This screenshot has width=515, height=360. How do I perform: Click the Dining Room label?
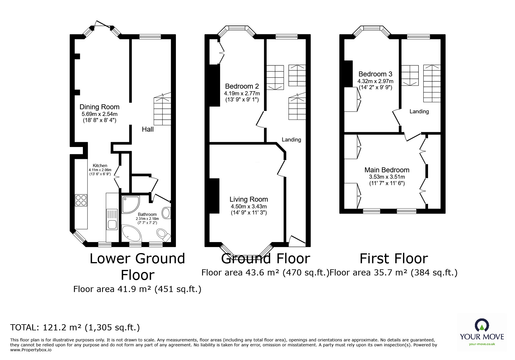coord(99,107)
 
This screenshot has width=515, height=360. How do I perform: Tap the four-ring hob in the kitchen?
coord(81,200)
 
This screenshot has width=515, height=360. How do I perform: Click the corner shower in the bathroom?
coord(130,204)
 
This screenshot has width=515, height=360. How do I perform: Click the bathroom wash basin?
coord(166,213)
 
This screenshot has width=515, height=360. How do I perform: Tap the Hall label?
coord(148,129)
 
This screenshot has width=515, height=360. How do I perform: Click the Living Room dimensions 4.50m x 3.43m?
coord(249,206)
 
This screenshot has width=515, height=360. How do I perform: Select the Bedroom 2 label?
coord(242,86)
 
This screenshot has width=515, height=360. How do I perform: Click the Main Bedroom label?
coord(387,170)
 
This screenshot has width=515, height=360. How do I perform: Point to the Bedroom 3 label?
coord(375,74)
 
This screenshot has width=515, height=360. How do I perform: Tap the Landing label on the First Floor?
coord(419,112)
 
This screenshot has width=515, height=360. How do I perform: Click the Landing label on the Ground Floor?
coord(291,140)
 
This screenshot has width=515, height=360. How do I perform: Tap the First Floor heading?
coord(394,259)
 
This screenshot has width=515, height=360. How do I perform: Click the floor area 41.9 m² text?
coord(137,289)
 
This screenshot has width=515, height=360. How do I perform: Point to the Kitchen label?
coord(100,166)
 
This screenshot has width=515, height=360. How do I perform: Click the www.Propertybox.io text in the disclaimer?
coord(31,350)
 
